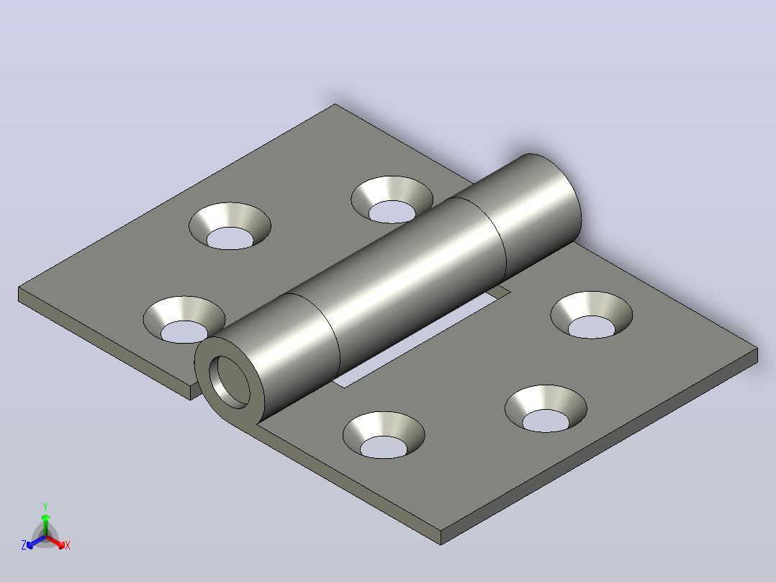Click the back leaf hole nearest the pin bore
point(184,320)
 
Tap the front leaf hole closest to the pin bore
point(384,435)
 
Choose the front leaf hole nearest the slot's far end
point(592,315)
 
